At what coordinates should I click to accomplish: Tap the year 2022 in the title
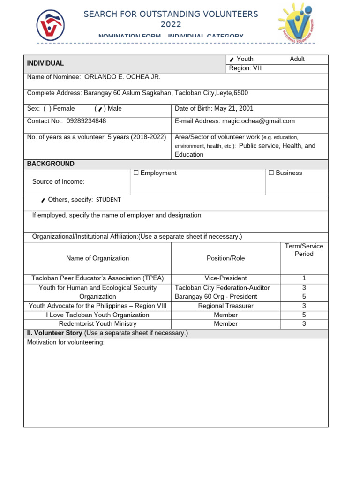pyautogui.click(x=171, y=25)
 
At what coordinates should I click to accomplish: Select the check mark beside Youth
pyautogui.click(x=232, y=60)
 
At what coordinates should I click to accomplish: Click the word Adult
pyautogui.click(x=297, y=59)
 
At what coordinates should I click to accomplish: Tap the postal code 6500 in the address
pyautogui.click(x=240, y=93)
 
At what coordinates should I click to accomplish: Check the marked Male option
pyautogui.click(x=100, y=109)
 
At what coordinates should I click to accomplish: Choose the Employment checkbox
pyautogui.click(x=136, y=173)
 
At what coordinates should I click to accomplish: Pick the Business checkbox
pyautogui.click(x=271, y=173)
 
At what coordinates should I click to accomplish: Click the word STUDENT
pyautogui.click(x=108, y=200)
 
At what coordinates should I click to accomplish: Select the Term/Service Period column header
pyautogui.click(x=304, y=250)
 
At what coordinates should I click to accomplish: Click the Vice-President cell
pyautogui.click(x=225, y=278)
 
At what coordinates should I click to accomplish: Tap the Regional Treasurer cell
pyautogui.click(x=225, y=306)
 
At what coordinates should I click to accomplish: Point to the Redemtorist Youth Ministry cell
pyautogui.click(x=97, y=324)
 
